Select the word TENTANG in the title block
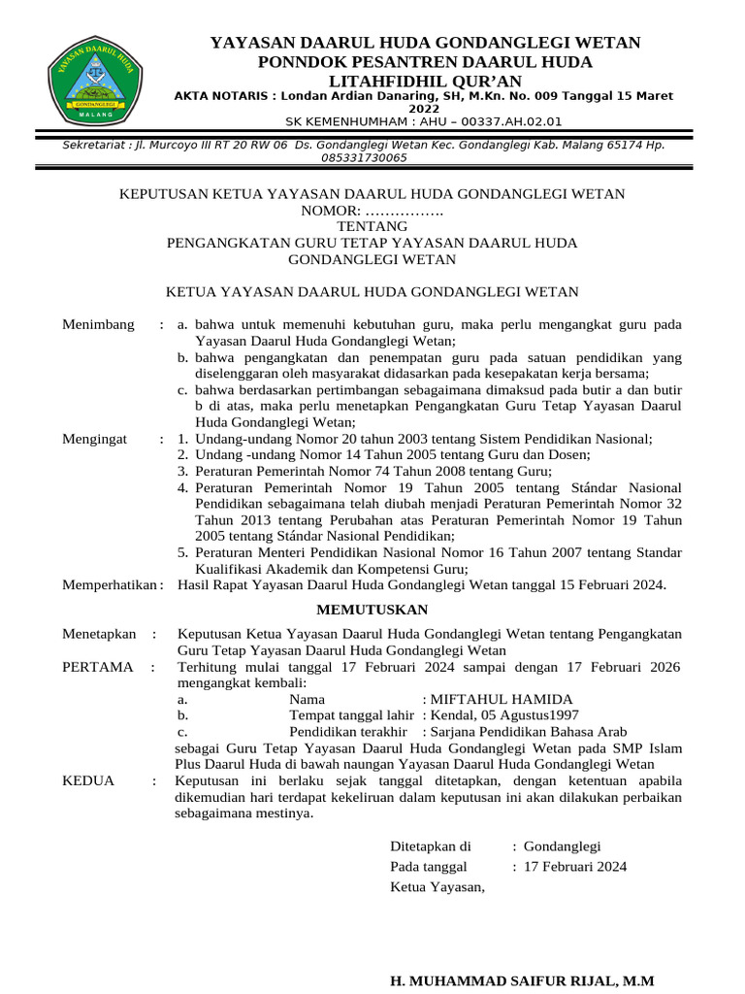tap(372, 226)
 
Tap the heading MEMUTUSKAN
tap(372, 610)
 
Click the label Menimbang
tap(98, 324)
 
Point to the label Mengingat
tap(95, 439)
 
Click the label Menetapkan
tap(99, 633)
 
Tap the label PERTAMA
tap(98, 667)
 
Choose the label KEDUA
tap(88, 780)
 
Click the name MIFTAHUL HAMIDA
tap(502, 699)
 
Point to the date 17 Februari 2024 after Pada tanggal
tap(574, 866)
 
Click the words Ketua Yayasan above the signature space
tap(437, 886)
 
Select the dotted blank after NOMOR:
tap(404, 211)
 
